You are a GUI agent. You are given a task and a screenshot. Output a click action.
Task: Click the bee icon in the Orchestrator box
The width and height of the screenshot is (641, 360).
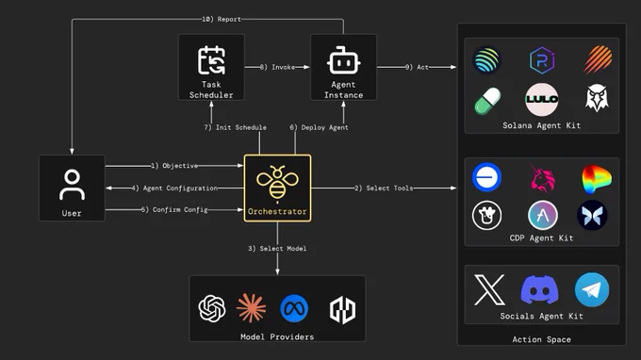pos(277,183)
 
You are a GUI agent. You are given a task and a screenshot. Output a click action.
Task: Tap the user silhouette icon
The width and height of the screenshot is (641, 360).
pos(72,185)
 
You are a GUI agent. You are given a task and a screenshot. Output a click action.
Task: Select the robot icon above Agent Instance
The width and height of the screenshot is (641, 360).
pos(343,60)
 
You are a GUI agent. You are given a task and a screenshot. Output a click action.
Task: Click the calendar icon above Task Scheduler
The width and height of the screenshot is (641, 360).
pos(211,60)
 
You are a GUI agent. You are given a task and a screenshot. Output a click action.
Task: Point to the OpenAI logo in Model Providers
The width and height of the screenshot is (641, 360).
pos(212,308)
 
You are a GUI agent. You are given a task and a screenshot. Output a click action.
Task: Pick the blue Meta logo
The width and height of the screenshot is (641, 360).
pos(294,308)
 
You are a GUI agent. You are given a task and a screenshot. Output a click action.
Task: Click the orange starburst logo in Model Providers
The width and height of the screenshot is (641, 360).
pos(251,308)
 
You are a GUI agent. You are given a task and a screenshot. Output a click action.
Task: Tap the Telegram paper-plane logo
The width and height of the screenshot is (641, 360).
pos(592,289)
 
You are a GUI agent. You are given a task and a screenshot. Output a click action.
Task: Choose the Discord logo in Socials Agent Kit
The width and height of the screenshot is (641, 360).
pos(539,289)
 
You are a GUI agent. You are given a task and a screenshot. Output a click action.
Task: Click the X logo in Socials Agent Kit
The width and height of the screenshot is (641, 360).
pos(489,289)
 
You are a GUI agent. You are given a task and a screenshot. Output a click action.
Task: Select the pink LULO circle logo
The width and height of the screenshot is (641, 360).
pos(542,99)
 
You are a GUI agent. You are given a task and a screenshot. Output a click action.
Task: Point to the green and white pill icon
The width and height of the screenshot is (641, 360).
pos(487,101)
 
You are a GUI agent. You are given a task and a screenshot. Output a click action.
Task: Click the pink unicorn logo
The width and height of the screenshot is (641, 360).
pos(542,178)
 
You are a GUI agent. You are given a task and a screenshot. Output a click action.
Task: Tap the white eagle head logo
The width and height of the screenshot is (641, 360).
pos(597,98)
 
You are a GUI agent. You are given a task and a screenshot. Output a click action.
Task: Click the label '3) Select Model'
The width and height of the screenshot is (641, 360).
pos(277,249)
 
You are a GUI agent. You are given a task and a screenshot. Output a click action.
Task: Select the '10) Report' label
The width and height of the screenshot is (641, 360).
pos(222,19)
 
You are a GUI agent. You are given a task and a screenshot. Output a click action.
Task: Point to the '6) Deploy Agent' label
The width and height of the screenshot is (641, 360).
pos(319,127)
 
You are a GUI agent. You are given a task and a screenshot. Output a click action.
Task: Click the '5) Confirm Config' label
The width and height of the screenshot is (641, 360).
pos(174,209)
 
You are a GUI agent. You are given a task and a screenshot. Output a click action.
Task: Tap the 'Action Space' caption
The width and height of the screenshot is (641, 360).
pos(542,339)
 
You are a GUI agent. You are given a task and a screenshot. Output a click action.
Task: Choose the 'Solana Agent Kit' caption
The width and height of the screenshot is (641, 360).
pos(542,125)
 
